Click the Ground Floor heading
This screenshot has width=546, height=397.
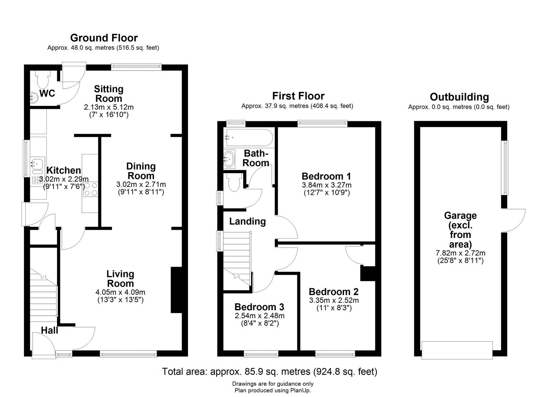pos(104,38)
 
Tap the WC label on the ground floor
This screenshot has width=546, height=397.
pos(47,93)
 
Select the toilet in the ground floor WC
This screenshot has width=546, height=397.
pos(43,79)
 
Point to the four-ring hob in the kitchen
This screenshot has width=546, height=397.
pos(90,189)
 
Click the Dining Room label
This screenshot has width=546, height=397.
pos(141,171)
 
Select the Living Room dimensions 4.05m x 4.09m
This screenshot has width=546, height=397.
pos(120,292)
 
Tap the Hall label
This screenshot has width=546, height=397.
pos(50,330)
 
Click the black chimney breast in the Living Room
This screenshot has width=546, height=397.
pos(177,290)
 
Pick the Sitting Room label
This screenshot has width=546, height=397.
pos(109,94)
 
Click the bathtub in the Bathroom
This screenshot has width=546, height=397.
pos(249,138)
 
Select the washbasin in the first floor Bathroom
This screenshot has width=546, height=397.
pos(229,159)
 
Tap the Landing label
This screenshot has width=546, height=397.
pos(247,221)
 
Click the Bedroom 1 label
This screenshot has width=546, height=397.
pos(326,176)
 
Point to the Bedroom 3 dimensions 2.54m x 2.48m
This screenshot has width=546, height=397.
pos(260,316)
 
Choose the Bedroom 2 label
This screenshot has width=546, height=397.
pos(334,292)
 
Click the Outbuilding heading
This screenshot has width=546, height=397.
pos(459,97)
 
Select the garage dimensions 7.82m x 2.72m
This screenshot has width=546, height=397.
pos(460,253)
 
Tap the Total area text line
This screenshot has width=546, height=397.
pos(270,372)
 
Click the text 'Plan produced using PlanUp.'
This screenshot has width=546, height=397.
pos(273,390)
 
